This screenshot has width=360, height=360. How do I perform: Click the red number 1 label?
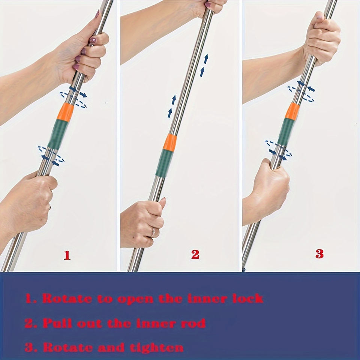click(x=67, y=255)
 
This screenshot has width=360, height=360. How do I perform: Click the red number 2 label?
click(x=195, y=254)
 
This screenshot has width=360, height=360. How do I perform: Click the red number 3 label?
click(x=319, y=254)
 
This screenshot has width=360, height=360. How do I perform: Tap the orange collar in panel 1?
click(x=65, y=112)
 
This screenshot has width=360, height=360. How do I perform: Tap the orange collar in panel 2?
click(x=170, y=142)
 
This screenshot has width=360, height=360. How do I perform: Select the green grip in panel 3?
click(x=286, y=132)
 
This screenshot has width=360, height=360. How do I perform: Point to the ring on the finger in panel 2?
click(x=153, y=232)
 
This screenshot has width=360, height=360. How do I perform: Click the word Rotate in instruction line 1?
click(x=67, y=298)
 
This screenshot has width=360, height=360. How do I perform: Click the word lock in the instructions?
click(x=248, y=298)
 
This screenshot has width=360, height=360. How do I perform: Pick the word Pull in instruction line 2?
click(x=57, y=323)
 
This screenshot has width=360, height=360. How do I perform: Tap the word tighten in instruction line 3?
click(x=157, y=348)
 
